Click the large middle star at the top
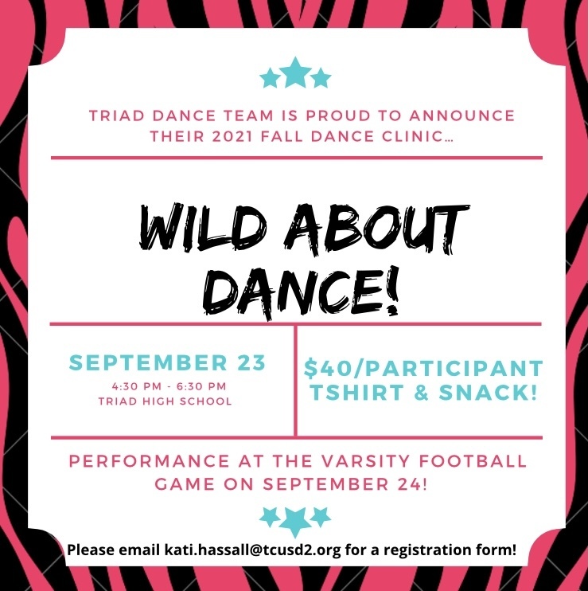[295, 73]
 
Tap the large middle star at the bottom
[295, 521]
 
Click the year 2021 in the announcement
[232, 136]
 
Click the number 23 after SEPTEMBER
[251, 362]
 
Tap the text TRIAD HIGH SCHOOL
[165, 401]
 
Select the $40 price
[322, 369]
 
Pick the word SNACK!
[488, 393]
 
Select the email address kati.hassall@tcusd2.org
[252, 550]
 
